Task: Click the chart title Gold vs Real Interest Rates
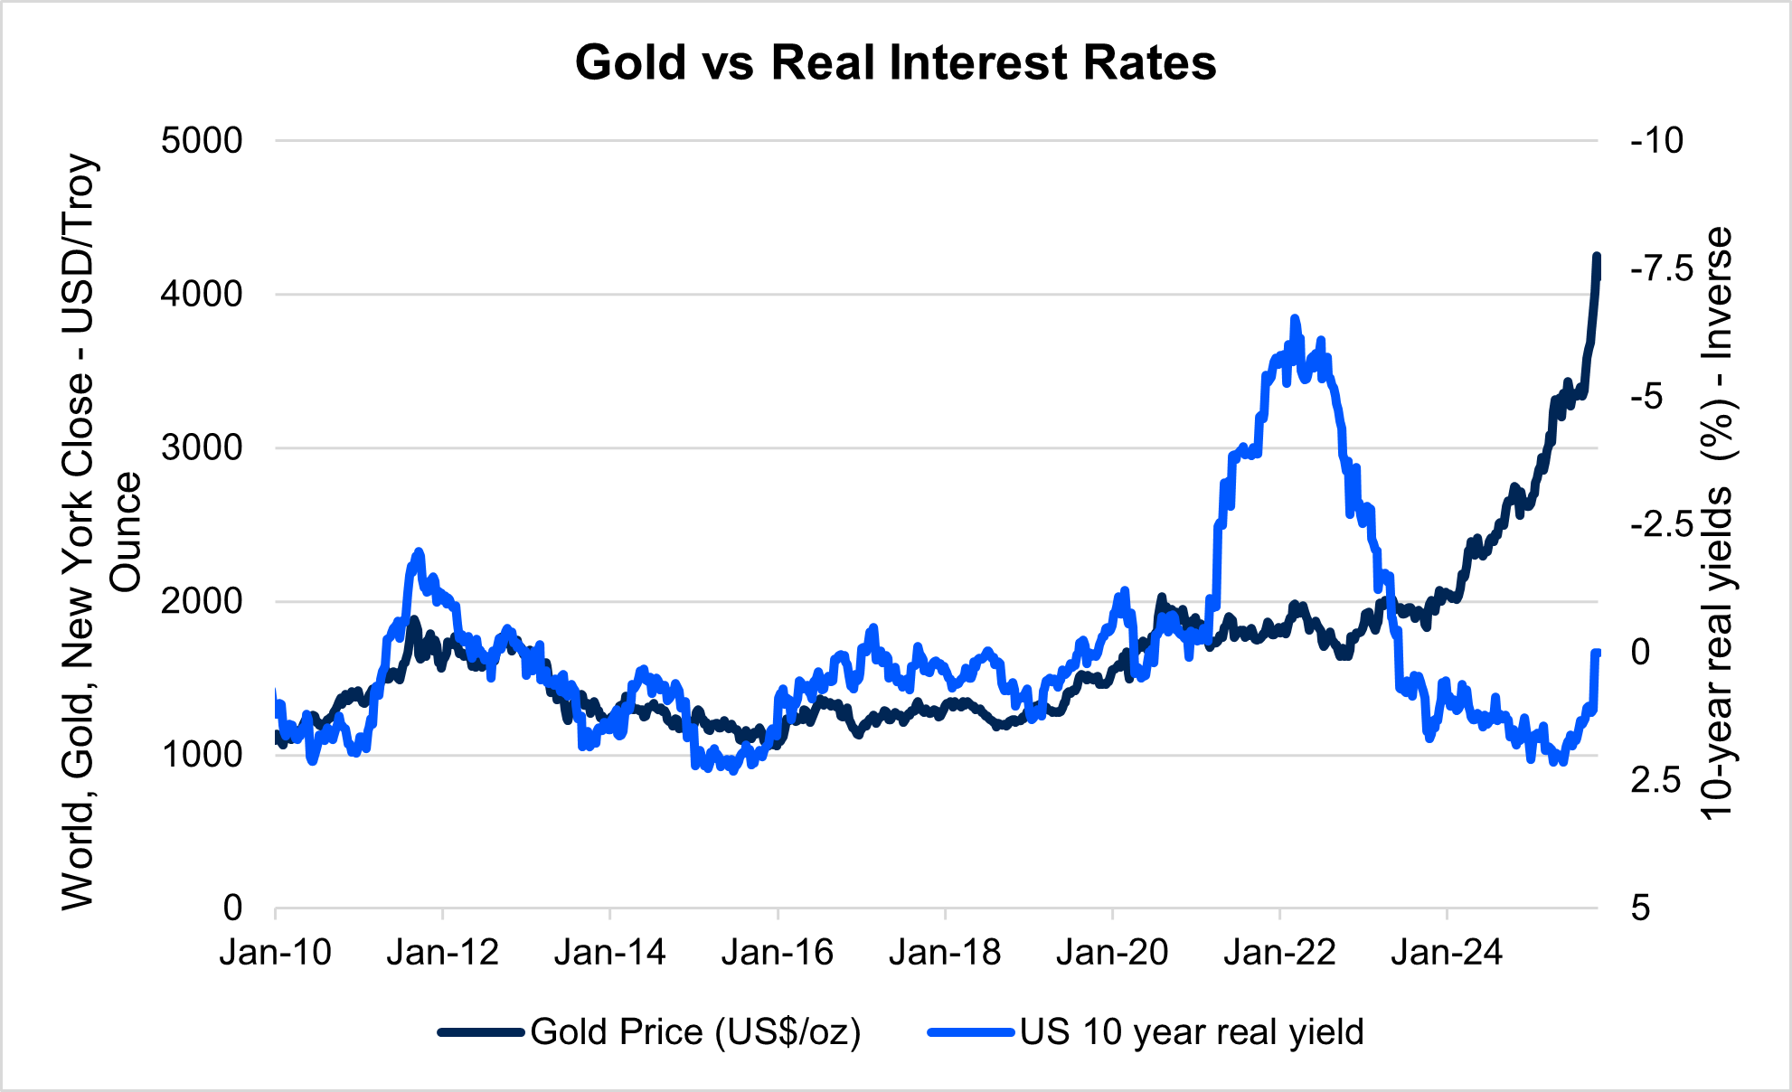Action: tap(895, 63)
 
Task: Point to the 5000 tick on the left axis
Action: tap(202, 141)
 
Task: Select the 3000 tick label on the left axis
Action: tap(202, 447)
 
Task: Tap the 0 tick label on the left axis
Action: tap(232, 908)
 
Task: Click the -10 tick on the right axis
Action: tap(1656, 141)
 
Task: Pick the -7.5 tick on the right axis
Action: tap(1662, 268)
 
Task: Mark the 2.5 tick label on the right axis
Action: tap(1655, 780)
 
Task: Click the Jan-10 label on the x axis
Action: tap(276, 952)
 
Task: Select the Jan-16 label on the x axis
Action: tap(778, 952)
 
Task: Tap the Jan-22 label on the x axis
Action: tap(1279, 952)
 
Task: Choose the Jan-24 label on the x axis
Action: tap(1447, 952)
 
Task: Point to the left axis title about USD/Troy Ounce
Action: tap(99, 532)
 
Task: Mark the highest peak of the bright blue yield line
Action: tap(1295, 319)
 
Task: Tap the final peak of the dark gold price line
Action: tap(1596, 257)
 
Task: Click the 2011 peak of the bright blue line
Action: tap(418, 551)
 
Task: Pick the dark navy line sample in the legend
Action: tap(481, 1032)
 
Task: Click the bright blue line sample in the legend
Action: tap(970, 1032)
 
